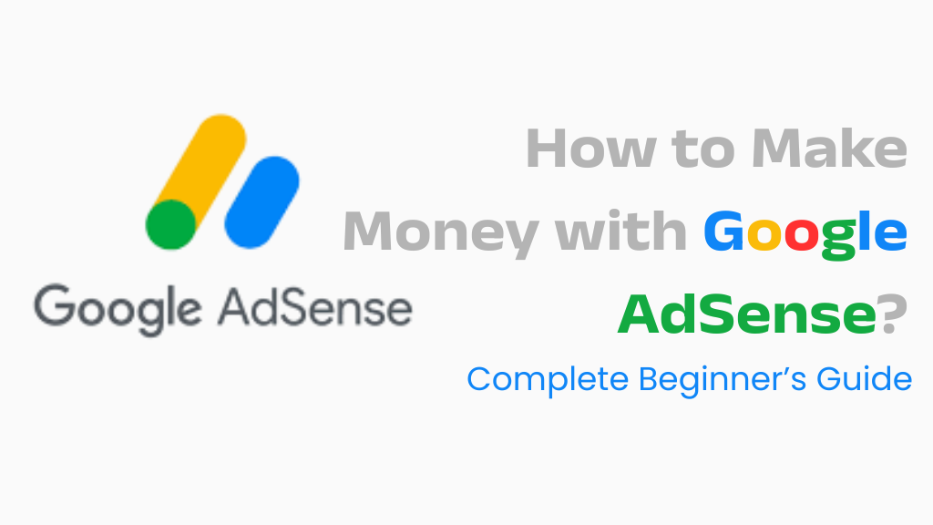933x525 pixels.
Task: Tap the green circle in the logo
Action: click(x=170, y=224)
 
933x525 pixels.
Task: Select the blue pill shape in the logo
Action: click(x=261, y=202)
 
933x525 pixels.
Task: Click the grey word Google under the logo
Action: click(x=118, y=309)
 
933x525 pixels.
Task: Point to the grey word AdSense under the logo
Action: click(x=315, y=308)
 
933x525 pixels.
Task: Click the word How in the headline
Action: click(x=590, y=149)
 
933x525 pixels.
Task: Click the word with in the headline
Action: click(x=620, y=231)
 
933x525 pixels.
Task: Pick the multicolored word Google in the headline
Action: click(x=805, y=234)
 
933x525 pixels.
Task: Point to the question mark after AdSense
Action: click(x=893, y=314)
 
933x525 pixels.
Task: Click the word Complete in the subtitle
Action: click(x=548, y=380)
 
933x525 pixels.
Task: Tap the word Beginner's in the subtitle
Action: click(x=723, y=380)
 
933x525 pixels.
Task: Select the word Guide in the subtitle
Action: click(x=864, y=378)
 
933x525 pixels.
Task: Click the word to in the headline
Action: click(x=702, y=150)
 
